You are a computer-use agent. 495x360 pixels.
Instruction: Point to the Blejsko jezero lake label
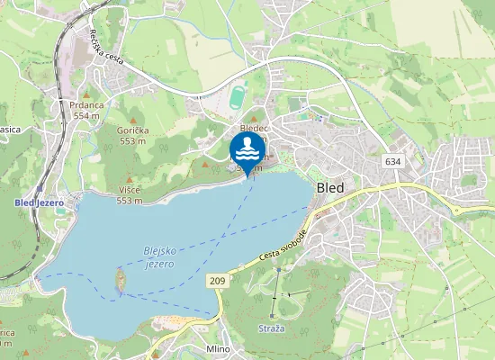(x=158, y=257)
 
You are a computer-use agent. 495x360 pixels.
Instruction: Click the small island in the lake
(x=120, y=280)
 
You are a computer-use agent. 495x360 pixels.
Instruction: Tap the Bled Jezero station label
(x=39, y=202)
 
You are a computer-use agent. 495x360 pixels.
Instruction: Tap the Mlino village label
(x=219, y=349)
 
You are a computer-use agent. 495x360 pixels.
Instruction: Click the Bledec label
(x=255, y=129)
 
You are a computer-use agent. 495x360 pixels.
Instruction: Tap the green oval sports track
(x=237, y=94)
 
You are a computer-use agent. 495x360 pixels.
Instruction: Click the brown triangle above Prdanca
(x=86, y=94)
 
